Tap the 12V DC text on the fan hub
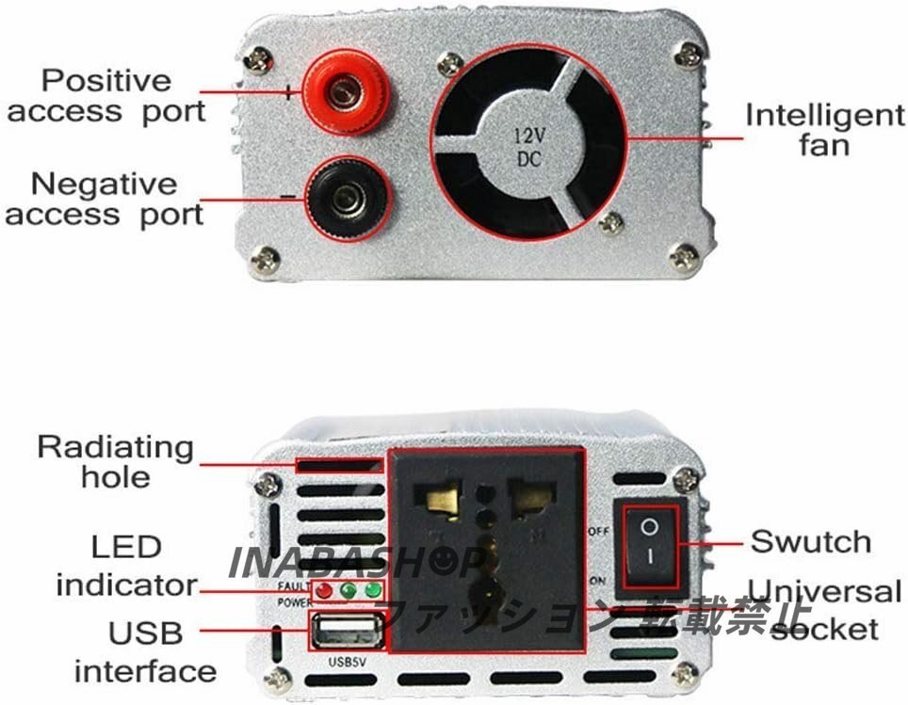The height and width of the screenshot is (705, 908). pyautogui.click(x=527, y=148)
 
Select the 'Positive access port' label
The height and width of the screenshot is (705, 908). pyautogui.click(x=105, y=96)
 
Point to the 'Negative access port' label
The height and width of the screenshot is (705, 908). pyautogui.click(x=105, y=199)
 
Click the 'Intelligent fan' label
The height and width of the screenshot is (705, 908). pyautogui.click(x=824, y=130)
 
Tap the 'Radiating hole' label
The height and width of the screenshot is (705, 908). pyautogui.click(x=115, y=460)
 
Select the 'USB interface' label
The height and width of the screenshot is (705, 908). pyautogui.click(x=145, y=651)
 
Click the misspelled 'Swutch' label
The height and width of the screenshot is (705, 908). pyautogui.click(x=810, y=541)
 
